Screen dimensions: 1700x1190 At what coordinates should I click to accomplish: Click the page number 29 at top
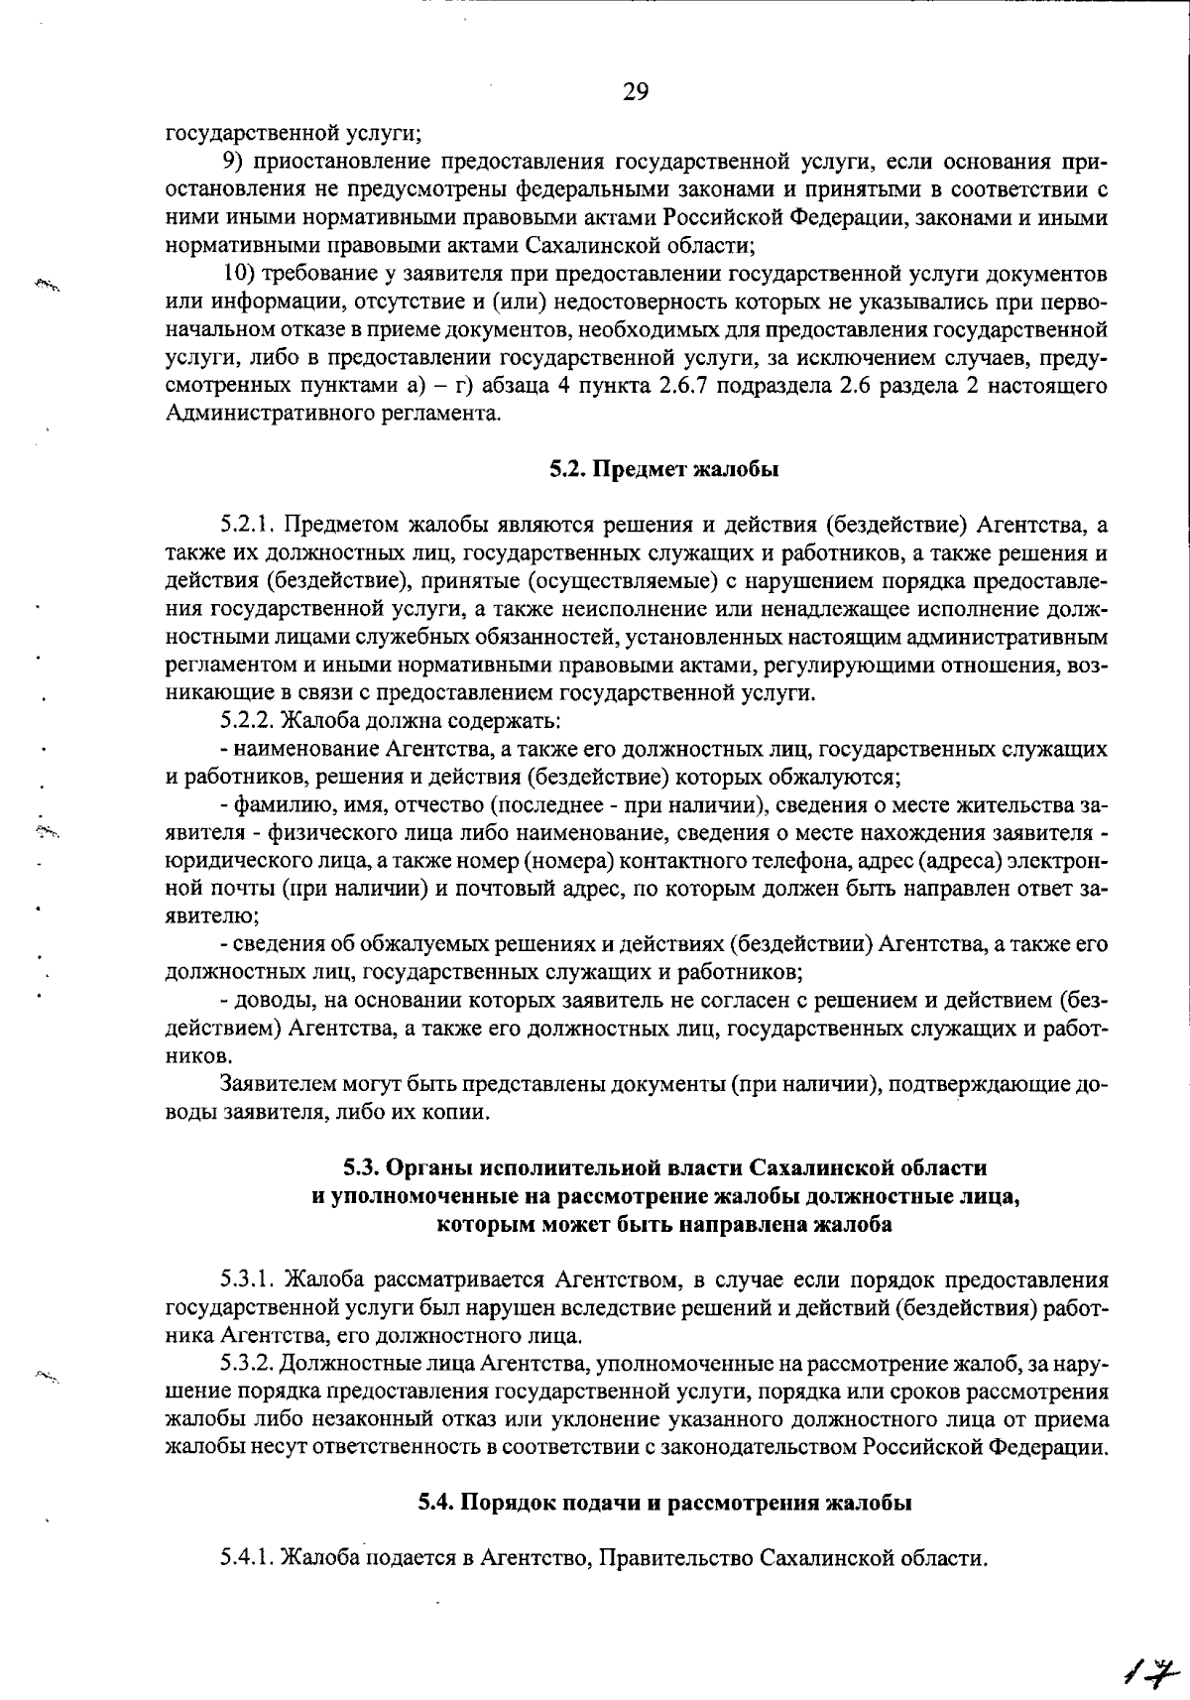coord(636,92)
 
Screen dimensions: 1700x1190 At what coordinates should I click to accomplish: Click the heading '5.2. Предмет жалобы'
coord(664,469)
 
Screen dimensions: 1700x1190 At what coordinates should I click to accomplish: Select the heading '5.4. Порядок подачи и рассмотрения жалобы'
coord(664,1503)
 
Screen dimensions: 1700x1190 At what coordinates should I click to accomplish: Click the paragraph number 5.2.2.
coord(242,719)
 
